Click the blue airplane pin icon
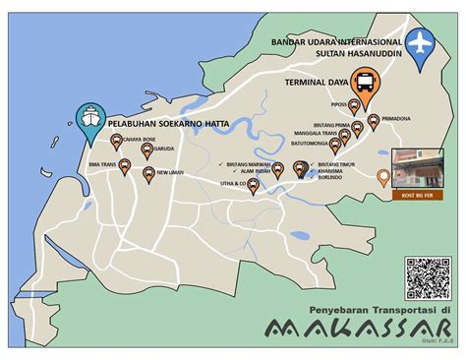tap(423, 46)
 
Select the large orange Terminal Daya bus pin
tap(365, 88)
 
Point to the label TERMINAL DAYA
tap(317, 83)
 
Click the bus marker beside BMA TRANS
tap(125, 167)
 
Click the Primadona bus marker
tap(373, 122)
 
